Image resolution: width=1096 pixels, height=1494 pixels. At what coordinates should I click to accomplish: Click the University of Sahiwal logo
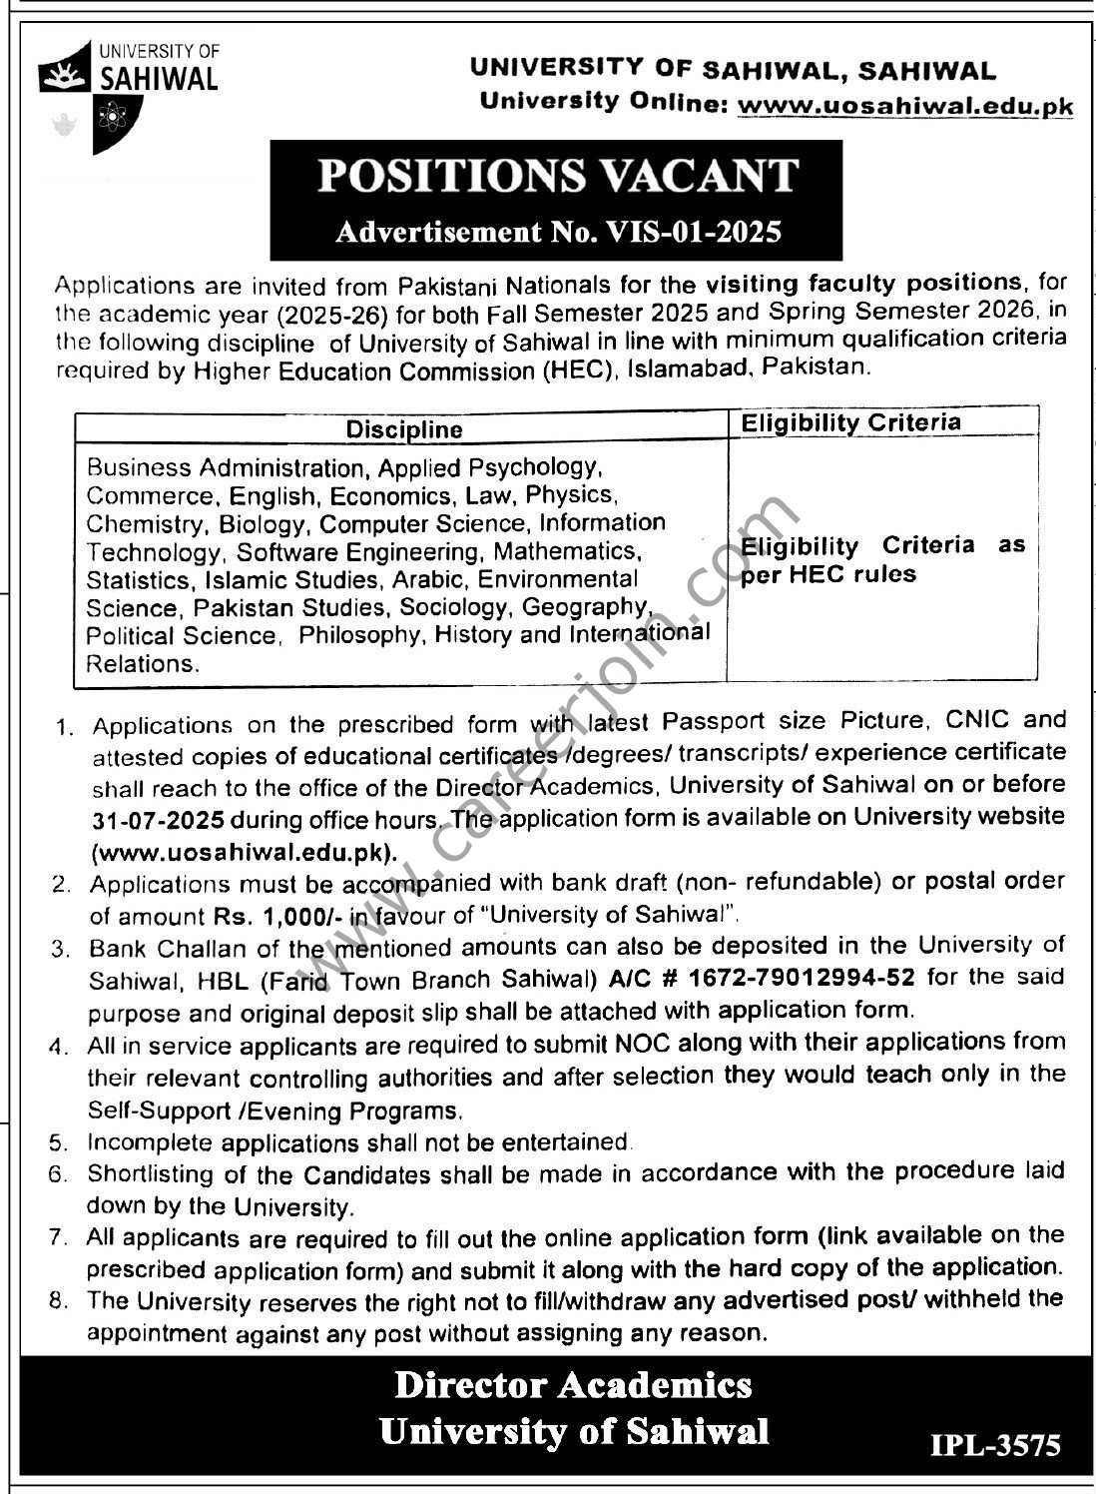(x=128, y=94)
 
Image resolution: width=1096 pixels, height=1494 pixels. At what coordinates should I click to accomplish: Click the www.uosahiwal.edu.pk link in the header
(x=905, y=105)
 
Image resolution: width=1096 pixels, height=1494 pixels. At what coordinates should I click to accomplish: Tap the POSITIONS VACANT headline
(x=557, y=177)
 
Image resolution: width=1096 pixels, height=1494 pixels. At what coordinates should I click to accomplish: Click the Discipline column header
(x=404, y=429)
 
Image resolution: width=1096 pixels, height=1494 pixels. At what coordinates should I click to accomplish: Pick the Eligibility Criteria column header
(x=850, y=423)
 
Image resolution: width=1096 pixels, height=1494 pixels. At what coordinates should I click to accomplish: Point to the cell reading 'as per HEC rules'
(x=882, y=560)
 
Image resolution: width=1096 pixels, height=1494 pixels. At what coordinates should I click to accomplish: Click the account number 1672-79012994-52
(x=815, y=977)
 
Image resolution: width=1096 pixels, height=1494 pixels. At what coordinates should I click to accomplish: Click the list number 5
(x=58, y=1142)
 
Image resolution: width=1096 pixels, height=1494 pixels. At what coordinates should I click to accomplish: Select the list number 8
(x=58, y=1301)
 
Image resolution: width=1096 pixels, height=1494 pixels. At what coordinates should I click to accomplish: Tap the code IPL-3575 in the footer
(x=995, y=1445)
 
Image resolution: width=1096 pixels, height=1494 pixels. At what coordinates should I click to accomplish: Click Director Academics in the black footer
(x=573, y=1385)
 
